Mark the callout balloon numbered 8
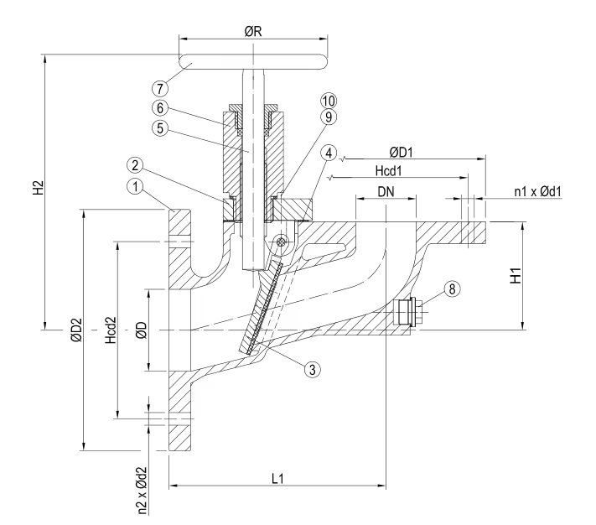(453, 288)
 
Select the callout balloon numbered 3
(312, 366)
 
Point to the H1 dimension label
(542, 273)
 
